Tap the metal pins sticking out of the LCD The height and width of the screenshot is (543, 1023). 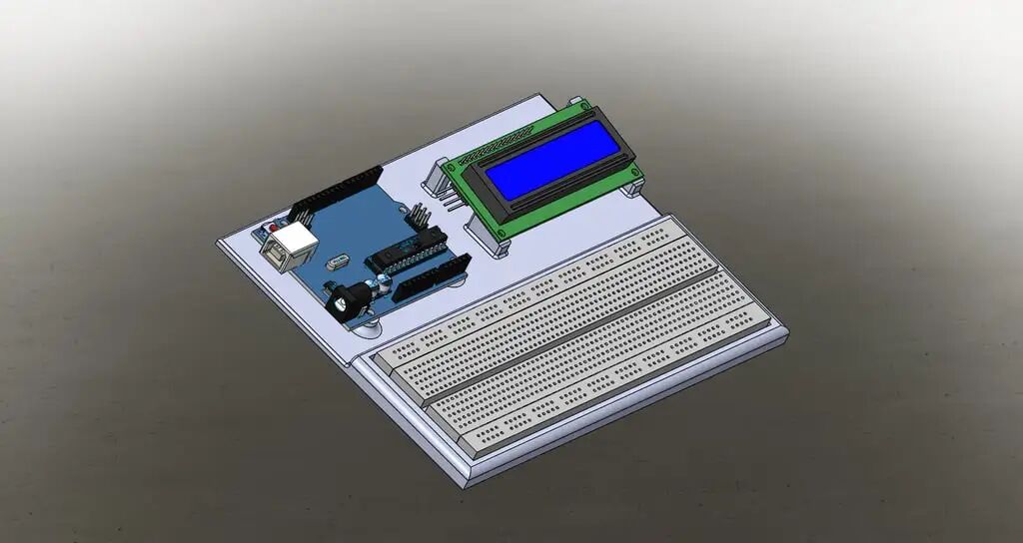pos(453,199)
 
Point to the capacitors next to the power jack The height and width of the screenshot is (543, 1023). pos(381,285)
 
